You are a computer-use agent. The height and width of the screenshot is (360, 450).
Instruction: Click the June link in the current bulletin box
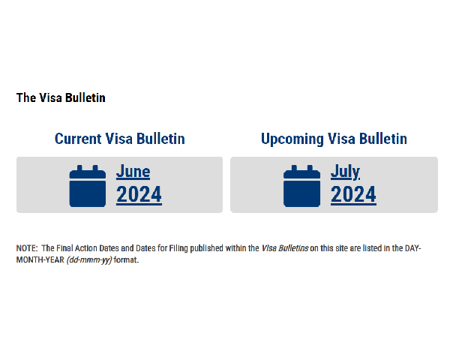(133, 172)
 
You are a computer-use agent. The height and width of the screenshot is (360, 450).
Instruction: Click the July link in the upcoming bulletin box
(345, 172)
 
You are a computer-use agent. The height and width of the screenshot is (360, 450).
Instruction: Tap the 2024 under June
(139, 195)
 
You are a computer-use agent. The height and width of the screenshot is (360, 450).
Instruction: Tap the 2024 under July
(353, 195)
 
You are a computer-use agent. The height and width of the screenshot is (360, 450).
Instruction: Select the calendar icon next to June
(88, 186)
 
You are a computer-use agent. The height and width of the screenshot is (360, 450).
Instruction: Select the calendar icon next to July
(301, 186)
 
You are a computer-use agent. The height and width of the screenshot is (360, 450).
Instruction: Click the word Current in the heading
(78, 139)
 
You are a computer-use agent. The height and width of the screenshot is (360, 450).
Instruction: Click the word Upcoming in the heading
(292, 139)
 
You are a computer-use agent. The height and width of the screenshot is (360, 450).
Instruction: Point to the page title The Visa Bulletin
(61, 97)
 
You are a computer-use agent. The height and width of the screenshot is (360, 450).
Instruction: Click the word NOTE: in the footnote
(27, 248)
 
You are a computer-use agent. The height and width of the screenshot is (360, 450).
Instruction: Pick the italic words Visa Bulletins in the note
(285, 248)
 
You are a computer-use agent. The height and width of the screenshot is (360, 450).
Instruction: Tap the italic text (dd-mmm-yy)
(89, 260)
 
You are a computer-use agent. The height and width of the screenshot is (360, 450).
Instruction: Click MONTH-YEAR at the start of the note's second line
(40, 259)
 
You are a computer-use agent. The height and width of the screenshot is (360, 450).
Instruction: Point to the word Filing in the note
(178, 248)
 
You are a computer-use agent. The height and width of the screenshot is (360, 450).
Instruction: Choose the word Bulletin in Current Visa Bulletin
(160, 139)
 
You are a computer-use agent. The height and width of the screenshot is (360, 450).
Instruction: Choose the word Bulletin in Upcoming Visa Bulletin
(383, 139)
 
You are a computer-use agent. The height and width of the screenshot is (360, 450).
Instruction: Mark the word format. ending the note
(126, 259)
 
